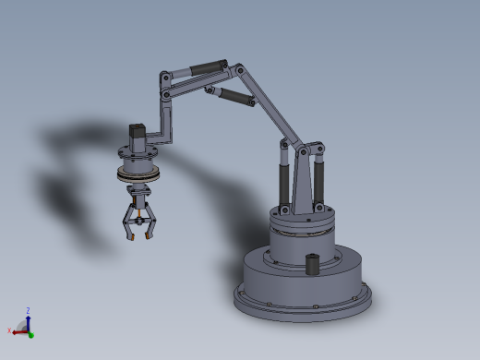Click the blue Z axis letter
[28, 310]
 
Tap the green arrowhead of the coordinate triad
[30, 335]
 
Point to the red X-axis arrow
[19, 329]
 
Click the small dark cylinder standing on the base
[313, 263]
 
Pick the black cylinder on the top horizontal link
[209, 67]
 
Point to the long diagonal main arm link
[270, 106]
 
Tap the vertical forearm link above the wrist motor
[167, 115]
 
